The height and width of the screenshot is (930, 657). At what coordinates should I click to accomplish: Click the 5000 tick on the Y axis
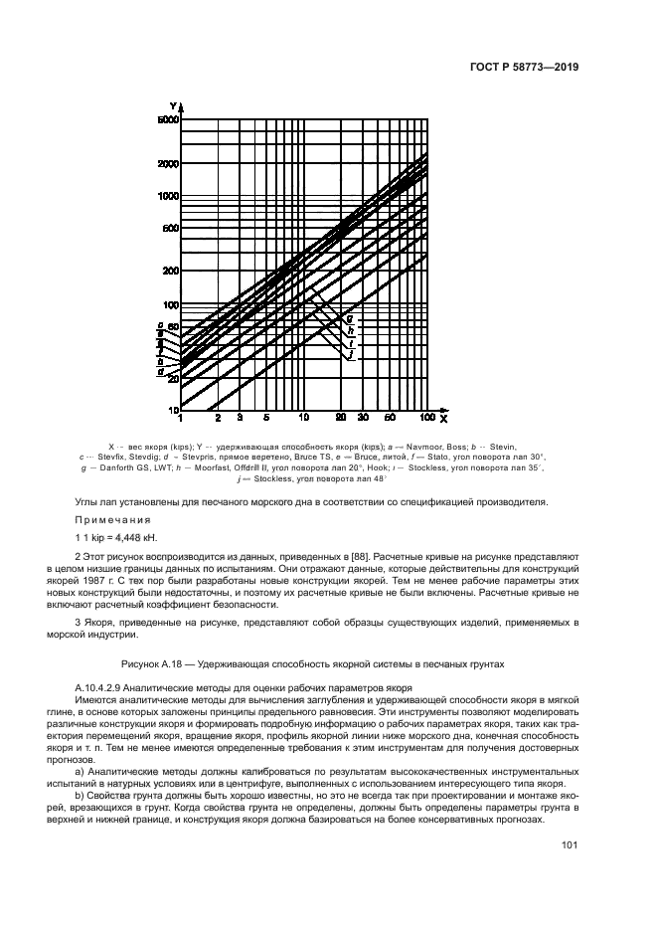[166, 119]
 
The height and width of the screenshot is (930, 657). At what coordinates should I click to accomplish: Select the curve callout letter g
[349, 317]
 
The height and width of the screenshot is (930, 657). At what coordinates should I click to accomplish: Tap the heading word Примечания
[112, 520]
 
